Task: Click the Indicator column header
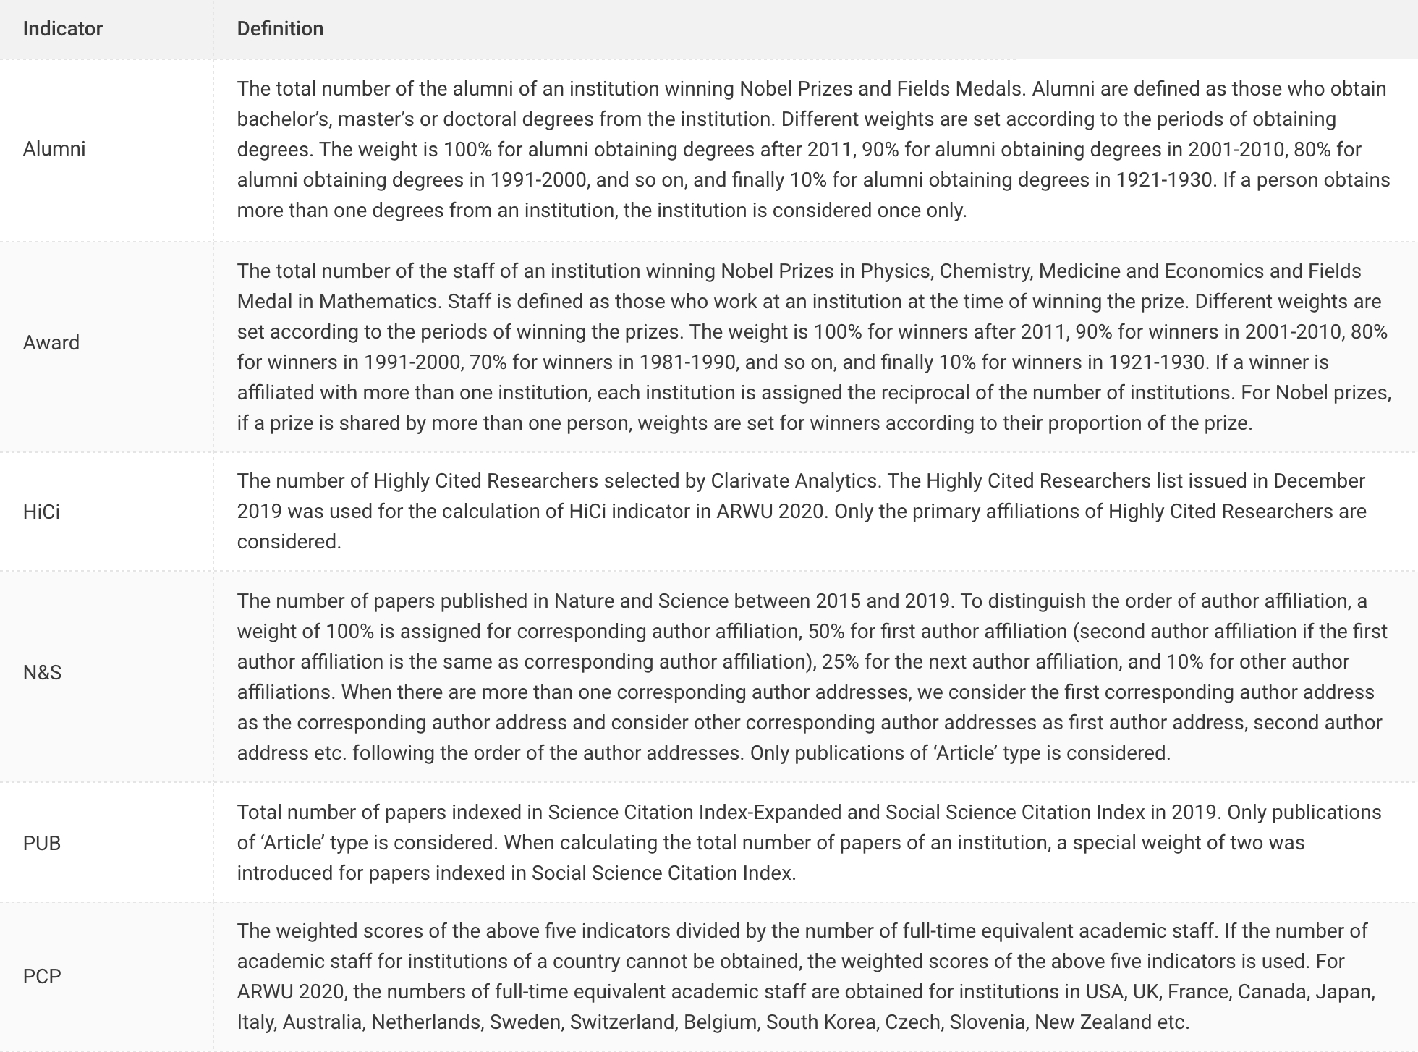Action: [63, 29]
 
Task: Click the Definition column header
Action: [280, 29]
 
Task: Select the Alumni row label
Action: [54, 149]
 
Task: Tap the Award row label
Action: [51, 343]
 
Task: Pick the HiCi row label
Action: [41, 512]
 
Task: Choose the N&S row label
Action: [42, 673]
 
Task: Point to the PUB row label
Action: [42, 844]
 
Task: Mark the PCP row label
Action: [42, 977]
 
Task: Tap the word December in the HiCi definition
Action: [1319, 481]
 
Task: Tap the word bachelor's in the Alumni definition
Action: [282, 119]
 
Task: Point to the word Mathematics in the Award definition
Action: [378, 302]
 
